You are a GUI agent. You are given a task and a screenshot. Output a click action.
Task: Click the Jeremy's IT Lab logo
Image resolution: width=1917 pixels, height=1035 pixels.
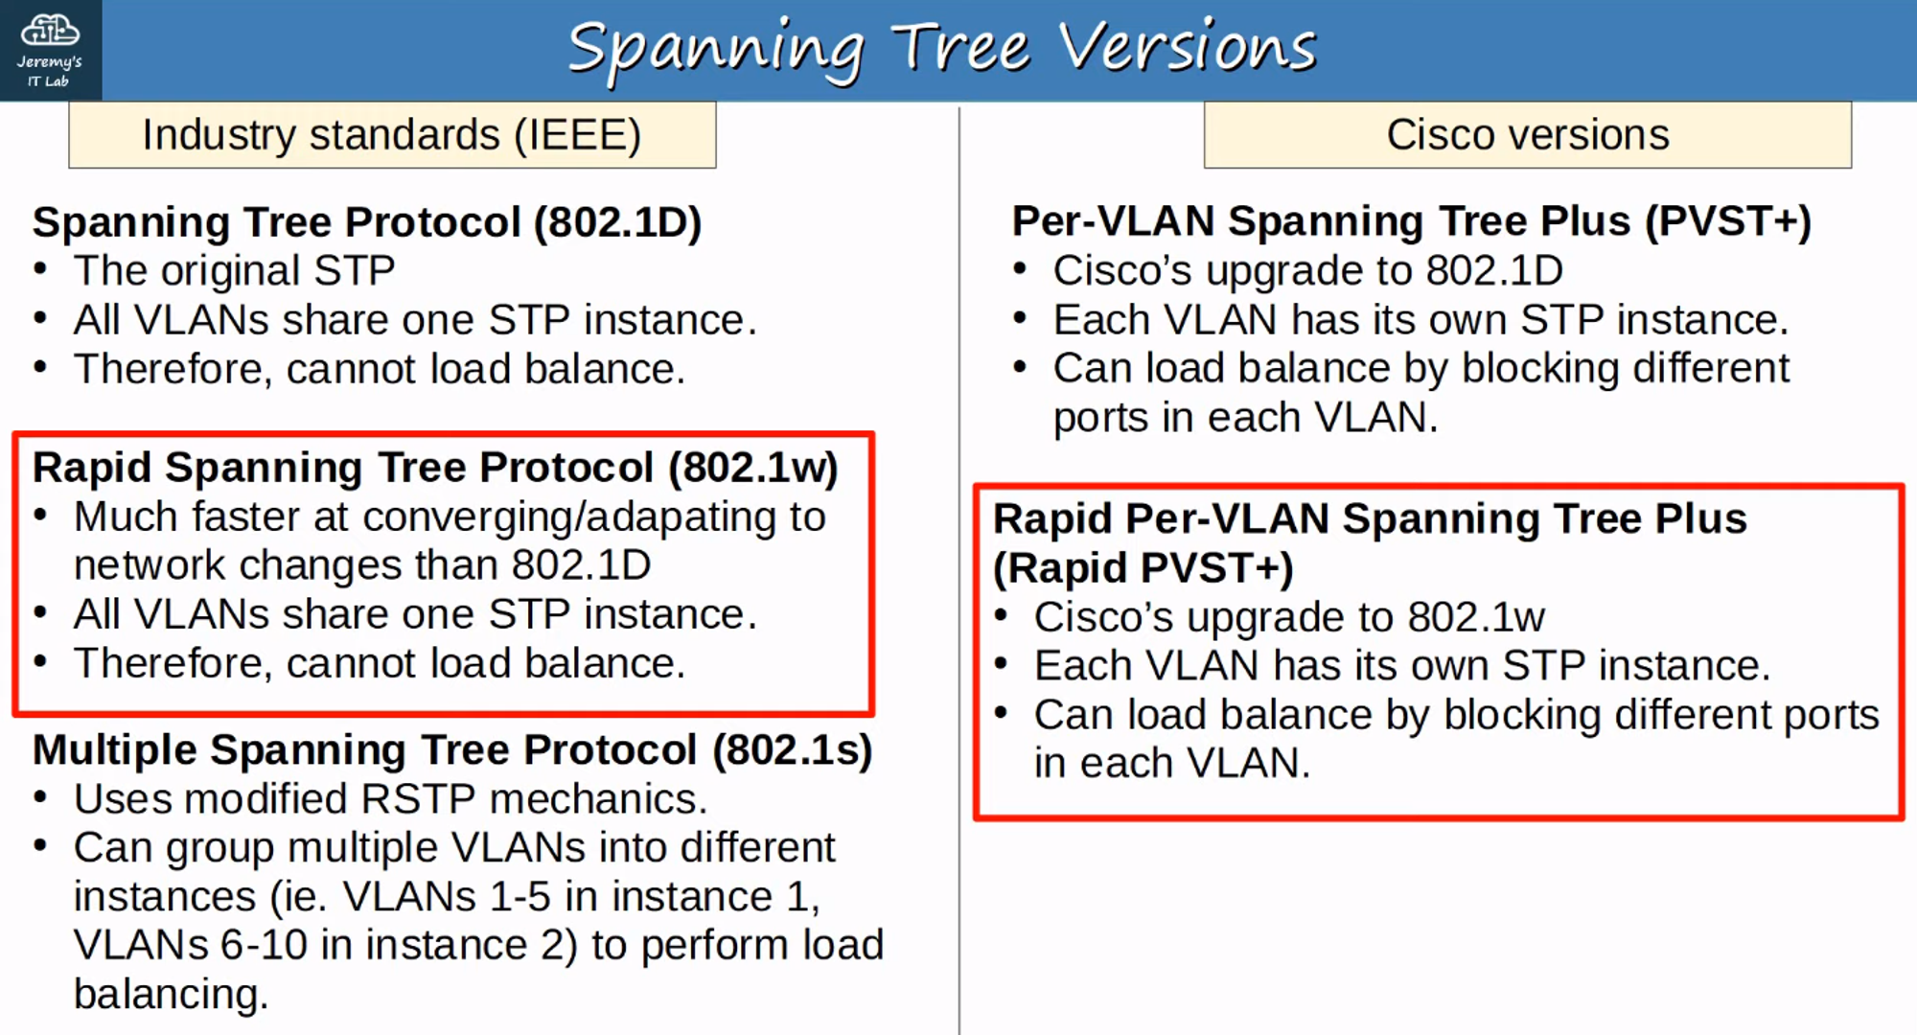click(x=50, y=50)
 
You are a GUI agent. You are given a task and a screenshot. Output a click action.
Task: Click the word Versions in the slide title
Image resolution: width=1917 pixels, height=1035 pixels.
click(x=1187, y=48)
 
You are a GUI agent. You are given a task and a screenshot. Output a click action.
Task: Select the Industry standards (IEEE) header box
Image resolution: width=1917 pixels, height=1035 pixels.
click(x=392, y=135)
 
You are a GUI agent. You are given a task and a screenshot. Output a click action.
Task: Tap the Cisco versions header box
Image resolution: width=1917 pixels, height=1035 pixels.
click(x=1527, y=135)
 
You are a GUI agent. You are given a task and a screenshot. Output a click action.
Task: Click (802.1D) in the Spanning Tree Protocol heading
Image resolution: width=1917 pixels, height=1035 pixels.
click(x=617, y=222)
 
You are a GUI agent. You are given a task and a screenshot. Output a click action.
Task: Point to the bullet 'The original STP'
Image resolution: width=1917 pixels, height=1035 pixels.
click(x=234, y=271)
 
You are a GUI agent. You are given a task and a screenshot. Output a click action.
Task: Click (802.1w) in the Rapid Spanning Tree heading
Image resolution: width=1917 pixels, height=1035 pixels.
click(x=752, y=468)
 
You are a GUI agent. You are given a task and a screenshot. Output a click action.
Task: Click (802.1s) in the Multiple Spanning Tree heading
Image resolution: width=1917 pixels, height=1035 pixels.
click(x=792, y=750)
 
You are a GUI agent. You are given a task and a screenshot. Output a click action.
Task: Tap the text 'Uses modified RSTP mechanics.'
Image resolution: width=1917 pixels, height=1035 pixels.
click(x=390, y=799)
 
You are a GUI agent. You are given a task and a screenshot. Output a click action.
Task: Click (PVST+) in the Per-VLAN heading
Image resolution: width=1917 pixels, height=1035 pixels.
click(x=1727, y=221)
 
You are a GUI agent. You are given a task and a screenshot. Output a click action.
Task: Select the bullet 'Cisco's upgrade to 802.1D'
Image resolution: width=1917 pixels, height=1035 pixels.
click(x=1307, y=271)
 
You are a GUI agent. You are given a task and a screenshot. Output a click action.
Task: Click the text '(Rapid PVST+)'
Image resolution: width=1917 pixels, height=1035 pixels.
click(x=1143, y=568)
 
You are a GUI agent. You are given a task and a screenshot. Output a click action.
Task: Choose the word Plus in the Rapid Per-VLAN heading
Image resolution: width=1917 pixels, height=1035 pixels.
click(x=1700, y=519)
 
